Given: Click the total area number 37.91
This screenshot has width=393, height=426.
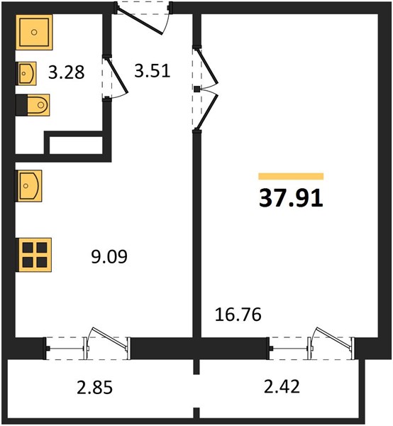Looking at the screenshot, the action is tap(291, 198).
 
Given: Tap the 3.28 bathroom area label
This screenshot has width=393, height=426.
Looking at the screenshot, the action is tap(67, 72).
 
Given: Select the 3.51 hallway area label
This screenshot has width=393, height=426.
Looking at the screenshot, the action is tap(153, 71).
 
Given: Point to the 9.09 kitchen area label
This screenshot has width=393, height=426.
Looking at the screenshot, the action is tap(109, 257).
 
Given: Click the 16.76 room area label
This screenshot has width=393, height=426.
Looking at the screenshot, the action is tap(238, 315).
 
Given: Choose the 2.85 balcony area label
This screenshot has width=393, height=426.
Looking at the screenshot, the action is tap(95, 387).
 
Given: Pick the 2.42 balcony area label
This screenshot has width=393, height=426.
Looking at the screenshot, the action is tap(282, 386).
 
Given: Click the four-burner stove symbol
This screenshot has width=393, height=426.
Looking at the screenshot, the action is tap(35, 255).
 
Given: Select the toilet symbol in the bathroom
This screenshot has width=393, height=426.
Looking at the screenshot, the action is tap(33, 105).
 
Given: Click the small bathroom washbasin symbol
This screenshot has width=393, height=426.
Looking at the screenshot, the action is tap(26, 73).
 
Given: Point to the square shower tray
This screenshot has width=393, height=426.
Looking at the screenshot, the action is tap(34, 33).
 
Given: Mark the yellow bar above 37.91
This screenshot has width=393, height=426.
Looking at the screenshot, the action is tap(291, 176).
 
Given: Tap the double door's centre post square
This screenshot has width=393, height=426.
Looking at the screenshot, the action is tap(197, 89).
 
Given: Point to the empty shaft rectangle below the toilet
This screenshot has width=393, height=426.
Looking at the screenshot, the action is tap(76, 145).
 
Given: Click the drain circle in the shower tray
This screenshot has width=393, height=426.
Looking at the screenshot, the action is tap(34, 33).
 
